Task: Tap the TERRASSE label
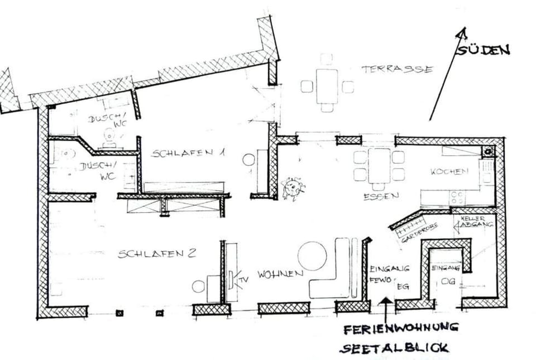[397, 69]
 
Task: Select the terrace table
[327, 86]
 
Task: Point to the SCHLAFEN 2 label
[157, 254]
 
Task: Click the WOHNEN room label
[280, 274]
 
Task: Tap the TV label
[244, 277]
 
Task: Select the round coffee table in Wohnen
[312, 256]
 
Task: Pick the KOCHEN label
[449, 172]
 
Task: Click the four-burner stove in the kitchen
[458, 197]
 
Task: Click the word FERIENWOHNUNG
[401, 327]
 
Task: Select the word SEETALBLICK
[394, 348]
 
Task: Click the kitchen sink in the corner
[489, 151]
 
